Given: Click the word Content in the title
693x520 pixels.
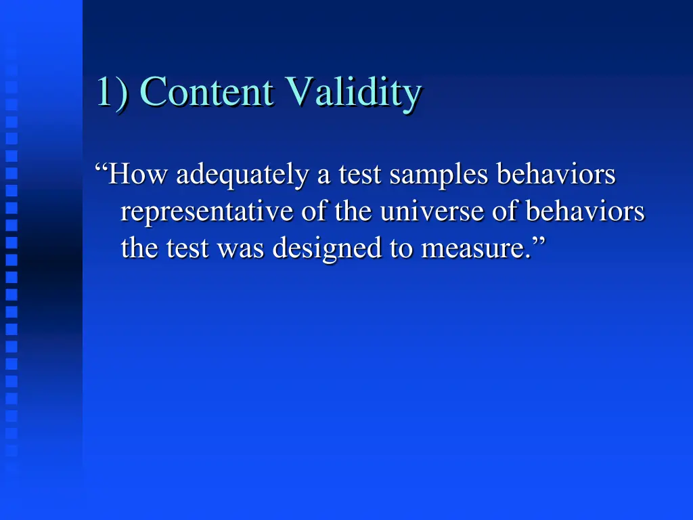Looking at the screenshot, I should tap(208, 92).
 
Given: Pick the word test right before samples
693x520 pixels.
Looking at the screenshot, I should tap(359, 175).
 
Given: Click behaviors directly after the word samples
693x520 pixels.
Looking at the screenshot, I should tap(556, 175).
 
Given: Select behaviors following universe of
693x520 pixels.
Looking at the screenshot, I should tap(585, 213).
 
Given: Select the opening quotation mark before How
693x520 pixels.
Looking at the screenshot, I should tap(102, 169).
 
